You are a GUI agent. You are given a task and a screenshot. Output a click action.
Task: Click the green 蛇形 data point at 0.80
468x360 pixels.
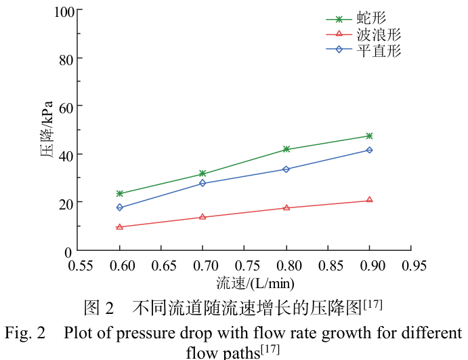coord(286,149)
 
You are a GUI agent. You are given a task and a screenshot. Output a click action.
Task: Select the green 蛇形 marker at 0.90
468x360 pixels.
coord(369,136)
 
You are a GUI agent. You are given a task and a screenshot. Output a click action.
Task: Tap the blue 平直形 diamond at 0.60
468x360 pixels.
coord(120,207)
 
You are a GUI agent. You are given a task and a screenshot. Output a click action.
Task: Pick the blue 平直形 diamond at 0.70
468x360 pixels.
coord(203,183)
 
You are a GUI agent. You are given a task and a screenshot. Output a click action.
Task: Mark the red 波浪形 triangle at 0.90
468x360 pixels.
coord(369,200)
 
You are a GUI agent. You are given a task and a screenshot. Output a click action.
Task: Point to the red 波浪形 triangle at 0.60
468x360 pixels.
coord(120,227)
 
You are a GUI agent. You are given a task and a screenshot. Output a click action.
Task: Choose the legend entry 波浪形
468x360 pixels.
coord(378,34)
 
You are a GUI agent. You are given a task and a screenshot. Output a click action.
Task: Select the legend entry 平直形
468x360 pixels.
coord(378,49)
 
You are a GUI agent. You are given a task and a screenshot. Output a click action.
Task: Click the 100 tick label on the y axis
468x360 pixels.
coord(64,11)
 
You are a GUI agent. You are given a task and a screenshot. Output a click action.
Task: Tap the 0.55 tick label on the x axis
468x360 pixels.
coord(81,266)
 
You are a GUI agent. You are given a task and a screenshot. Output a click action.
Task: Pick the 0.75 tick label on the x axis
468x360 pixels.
coord(245,266)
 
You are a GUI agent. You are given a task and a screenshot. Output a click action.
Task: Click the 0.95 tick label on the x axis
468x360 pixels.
coord(411,266)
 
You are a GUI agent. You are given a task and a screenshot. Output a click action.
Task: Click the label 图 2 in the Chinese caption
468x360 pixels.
coord(99,307)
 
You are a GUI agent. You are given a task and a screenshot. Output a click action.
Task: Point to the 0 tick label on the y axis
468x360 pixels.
coord(70,252)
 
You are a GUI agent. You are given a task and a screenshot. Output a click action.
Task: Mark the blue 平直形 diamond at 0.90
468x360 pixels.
coord(369,150)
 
